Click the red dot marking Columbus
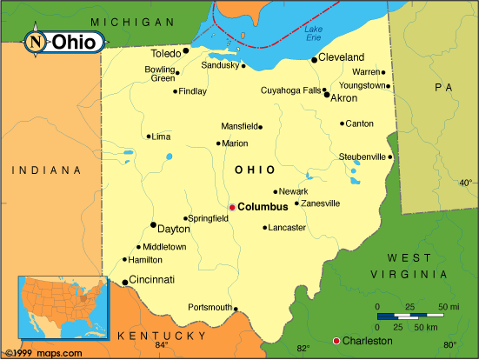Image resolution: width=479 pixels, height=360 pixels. click(232, 207)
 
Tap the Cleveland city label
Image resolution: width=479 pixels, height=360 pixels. click(341, 57)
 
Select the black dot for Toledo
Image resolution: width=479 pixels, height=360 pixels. click(185, 51)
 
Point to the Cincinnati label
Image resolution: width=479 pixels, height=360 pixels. click(152, 280)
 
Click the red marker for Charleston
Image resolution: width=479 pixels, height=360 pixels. click(336, 340)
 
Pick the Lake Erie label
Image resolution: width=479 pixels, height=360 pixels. click(314, 34)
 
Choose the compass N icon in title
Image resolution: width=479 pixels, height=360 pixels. click(36, 42)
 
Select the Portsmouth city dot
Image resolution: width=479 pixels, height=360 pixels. click(236, 308)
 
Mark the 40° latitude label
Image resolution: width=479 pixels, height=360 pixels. click(465, 183)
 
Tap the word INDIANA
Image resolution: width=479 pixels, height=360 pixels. click(46, 170)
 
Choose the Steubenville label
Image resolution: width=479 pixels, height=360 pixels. click(362, 157)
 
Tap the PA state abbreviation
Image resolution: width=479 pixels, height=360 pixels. click(443, 87)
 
